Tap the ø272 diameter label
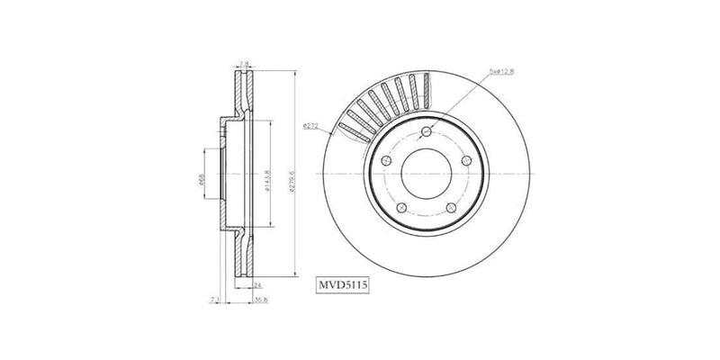(310, 125)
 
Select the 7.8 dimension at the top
(243, 63)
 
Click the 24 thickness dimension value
(245, 283)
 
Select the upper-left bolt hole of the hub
(386, 157)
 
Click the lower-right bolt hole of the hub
(450, 208)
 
